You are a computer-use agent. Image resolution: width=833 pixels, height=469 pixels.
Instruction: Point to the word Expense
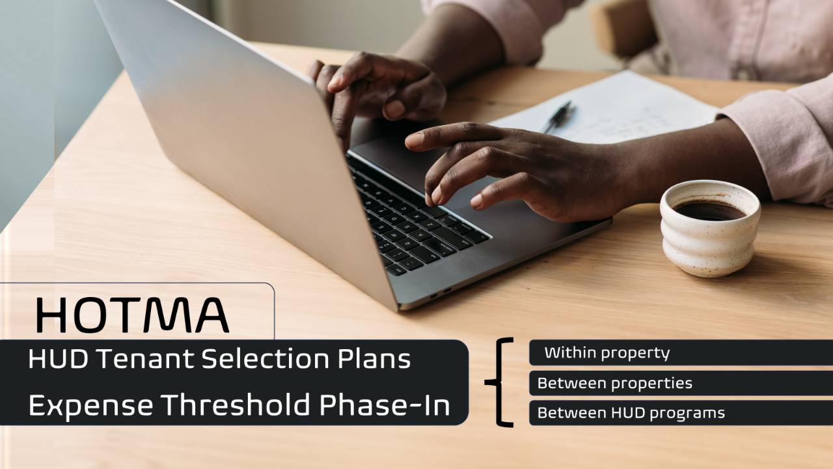click(x=90, y=405)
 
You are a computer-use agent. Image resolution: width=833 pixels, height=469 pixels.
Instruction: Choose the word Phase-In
click(x=384, y=405)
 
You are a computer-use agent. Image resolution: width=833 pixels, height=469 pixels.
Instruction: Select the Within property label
click(x=607, y=353)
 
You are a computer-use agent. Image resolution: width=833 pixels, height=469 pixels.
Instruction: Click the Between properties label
click(x=614, y=383)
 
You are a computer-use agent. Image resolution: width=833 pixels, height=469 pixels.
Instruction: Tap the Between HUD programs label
click(x=631, y=413)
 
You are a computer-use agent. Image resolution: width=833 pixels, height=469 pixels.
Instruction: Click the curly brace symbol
click(x=499, y=382)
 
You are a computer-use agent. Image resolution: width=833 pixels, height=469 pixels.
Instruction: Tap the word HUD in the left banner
click(x=51, y=359)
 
